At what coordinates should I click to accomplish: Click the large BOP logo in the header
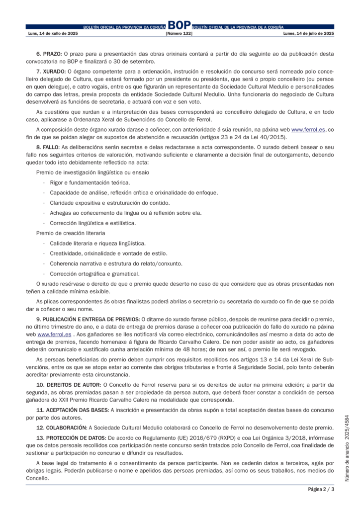[180, 25]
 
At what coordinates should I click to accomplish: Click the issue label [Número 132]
[179, 33]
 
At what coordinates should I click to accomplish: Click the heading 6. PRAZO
[49, 53]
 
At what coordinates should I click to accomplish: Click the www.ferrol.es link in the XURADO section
[308, 129]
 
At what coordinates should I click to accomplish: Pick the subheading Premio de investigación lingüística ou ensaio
[92, 172]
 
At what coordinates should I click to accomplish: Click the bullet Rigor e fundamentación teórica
[83, 182]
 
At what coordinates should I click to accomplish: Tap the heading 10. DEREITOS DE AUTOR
[68, 385]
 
